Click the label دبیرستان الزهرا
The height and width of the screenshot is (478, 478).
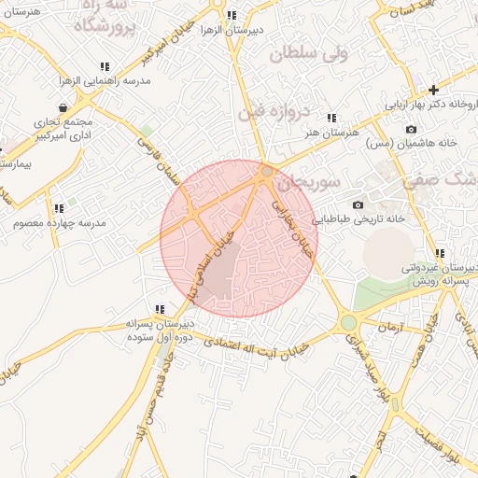pos(229,30)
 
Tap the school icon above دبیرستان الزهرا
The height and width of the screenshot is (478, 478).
pos(230,15)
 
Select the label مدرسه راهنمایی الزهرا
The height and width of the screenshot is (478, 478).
pos(105,81)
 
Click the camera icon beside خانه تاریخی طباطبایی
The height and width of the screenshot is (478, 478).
pos(358,204)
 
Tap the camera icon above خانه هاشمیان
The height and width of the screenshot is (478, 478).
pos(411,129)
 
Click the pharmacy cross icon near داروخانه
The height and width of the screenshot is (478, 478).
pos(433,90)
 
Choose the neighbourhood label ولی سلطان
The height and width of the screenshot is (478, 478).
pos(308,54)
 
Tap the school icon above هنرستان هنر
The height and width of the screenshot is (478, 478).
pos(331,118)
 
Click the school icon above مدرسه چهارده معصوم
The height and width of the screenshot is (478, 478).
pos(59,208)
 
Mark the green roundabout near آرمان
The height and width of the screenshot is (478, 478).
pos(348,322)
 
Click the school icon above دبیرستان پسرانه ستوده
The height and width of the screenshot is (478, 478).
pos(160,309)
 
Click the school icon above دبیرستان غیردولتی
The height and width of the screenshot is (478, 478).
pos(439,253)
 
